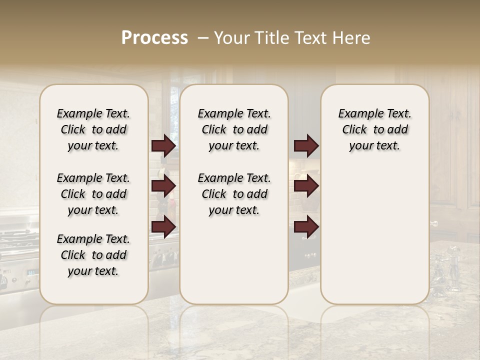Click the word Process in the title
154,38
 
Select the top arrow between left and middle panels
163,145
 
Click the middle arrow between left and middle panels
163,186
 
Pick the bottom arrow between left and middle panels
163,226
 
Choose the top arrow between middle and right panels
306,145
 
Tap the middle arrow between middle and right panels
306,186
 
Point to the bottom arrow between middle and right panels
306,226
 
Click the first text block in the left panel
93,129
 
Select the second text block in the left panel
93,194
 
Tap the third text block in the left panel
93,255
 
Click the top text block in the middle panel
234,129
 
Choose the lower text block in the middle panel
234,194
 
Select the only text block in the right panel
374,129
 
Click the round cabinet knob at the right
434,223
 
